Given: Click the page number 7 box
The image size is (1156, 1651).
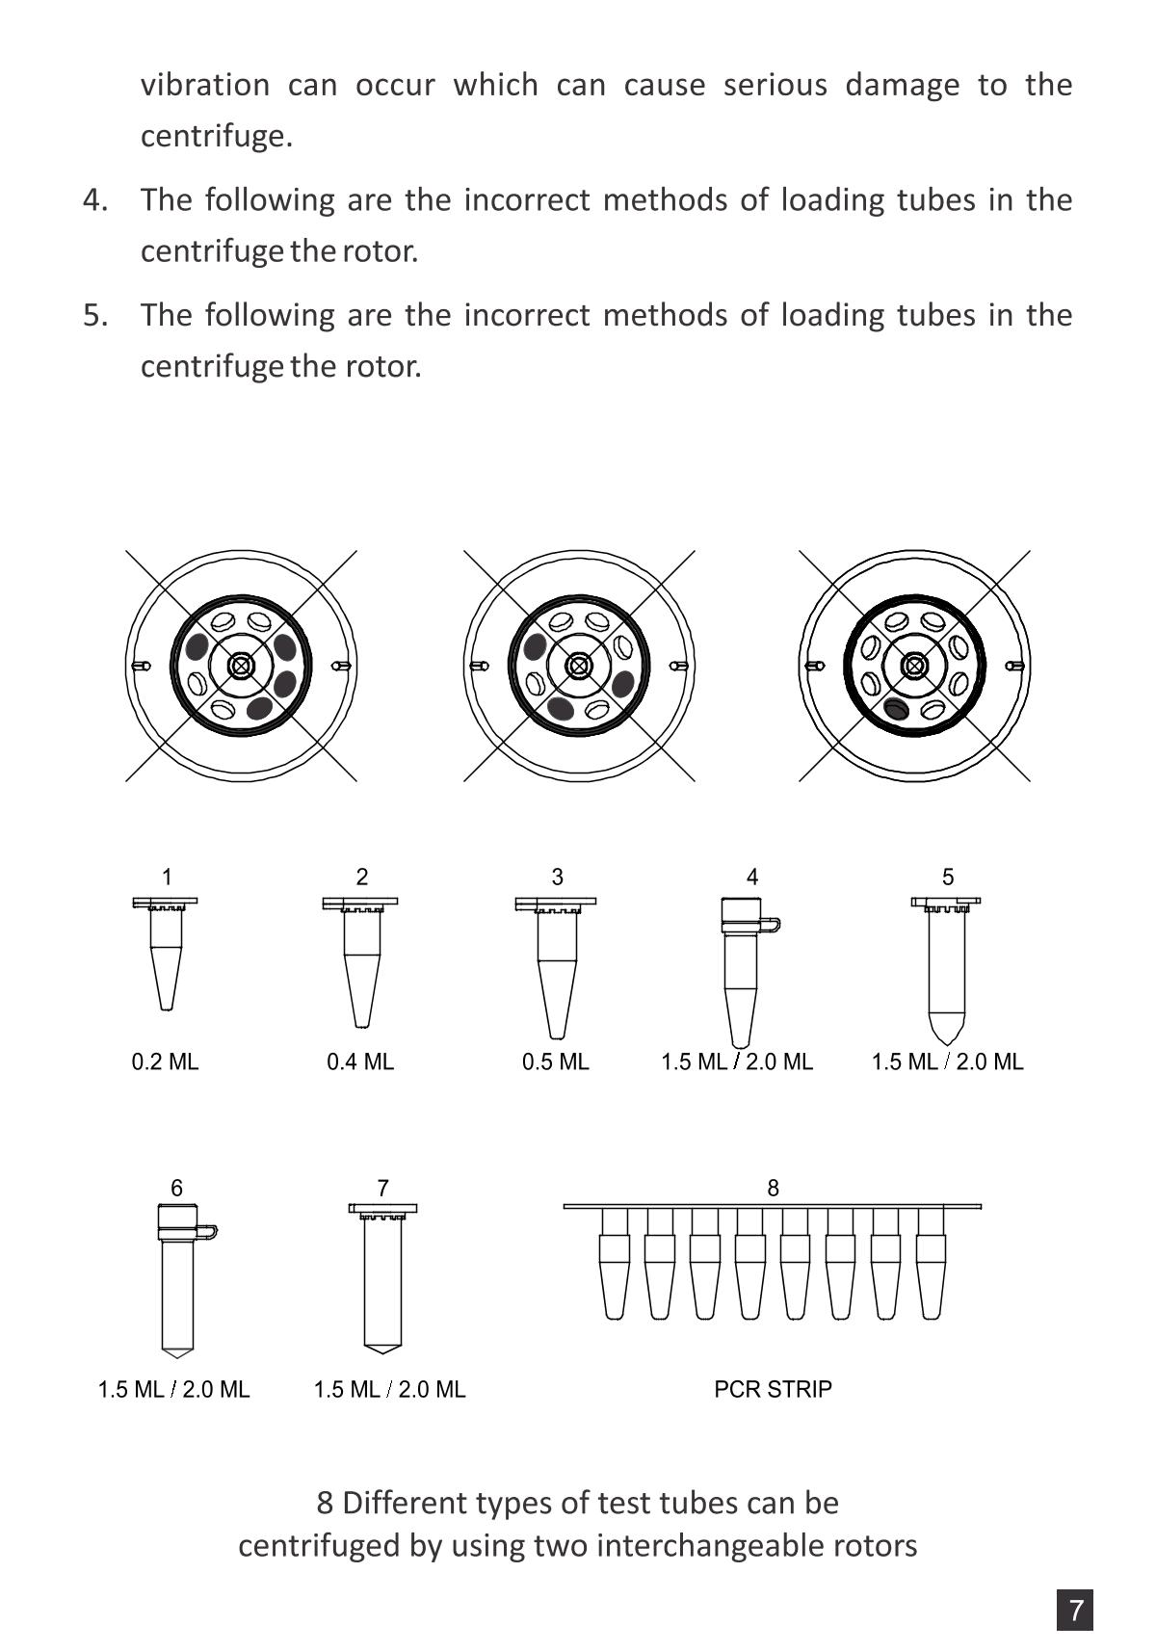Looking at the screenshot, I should click(1075, 1610).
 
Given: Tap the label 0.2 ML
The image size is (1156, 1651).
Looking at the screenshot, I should click(165, 1061).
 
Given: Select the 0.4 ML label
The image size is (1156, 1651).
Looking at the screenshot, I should click(360, 1061).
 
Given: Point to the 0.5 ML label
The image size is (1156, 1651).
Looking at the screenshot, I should click(555, 1061).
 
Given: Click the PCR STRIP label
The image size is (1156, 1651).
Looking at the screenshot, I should click(773, 1389).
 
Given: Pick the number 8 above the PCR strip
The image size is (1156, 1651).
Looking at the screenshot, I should click(773, 1188).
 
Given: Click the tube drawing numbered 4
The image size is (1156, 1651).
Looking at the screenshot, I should click(743, 971).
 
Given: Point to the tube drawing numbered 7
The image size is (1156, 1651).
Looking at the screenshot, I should click(382, 1277).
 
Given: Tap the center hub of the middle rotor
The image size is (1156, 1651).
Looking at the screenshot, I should click(578, 666).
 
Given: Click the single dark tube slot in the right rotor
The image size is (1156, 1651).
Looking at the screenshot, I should click(896, 710).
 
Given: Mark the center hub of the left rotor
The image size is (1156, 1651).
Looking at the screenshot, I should click(241, 666).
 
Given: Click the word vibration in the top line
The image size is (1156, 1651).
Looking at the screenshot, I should click(205, 85).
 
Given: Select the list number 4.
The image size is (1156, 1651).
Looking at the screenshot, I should click(95, 199).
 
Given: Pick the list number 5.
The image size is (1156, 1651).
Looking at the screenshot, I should click(95, 314).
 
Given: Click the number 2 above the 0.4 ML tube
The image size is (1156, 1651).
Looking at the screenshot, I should click(361, 877).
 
